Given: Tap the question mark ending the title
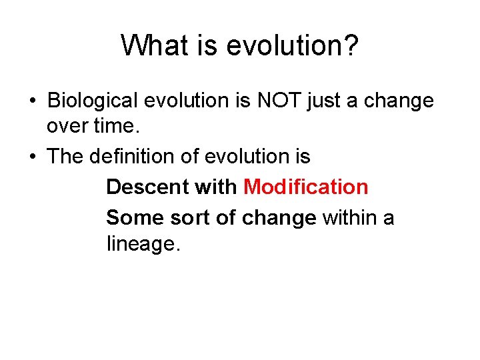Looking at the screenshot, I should tap(351, 45).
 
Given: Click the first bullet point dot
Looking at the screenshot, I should tap(32, 101).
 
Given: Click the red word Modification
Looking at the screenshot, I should tap(306, 187).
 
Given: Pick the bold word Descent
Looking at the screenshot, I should tap(147, 187).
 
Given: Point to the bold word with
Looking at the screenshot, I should tap(216, 187).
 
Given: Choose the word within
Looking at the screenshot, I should tap(351, 217).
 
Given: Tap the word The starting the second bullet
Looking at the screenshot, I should tap(65, 157).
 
